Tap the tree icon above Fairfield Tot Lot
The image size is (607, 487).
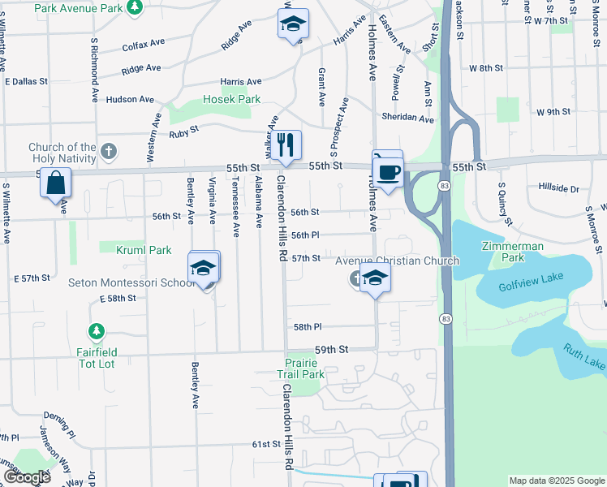[x=97, y=331]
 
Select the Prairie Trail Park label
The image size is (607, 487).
[x=305, y=368]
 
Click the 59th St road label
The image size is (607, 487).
[x=331, y=349]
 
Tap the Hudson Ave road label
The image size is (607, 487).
[x=129, y=99]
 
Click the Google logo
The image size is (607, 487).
[x=27, y=478]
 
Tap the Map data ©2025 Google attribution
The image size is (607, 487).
[x=556, y=481]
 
